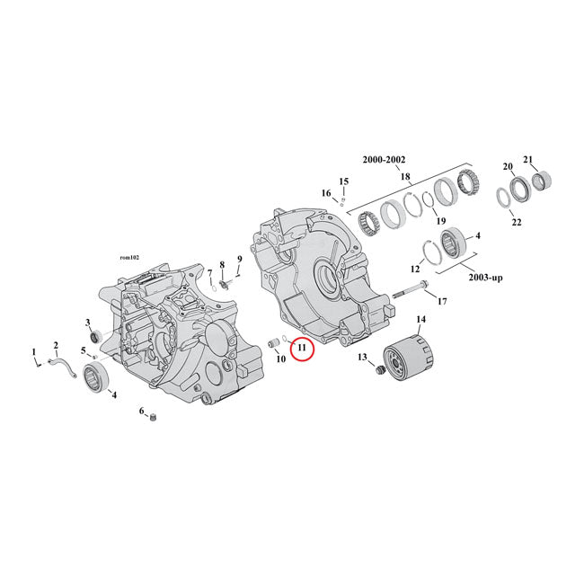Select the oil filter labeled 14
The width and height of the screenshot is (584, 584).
pos(409,358)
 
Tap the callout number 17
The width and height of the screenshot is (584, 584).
pos(441,301)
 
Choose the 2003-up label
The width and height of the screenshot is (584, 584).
pos(484,278)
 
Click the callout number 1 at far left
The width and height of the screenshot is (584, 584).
pos(34,351)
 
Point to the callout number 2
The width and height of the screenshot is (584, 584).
pos(55,345)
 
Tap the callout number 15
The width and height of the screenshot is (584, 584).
pos(343,181)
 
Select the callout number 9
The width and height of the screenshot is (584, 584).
pos(239,261)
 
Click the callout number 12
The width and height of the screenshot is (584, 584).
pos(416,269)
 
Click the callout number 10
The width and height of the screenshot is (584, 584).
pos(280,359)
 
